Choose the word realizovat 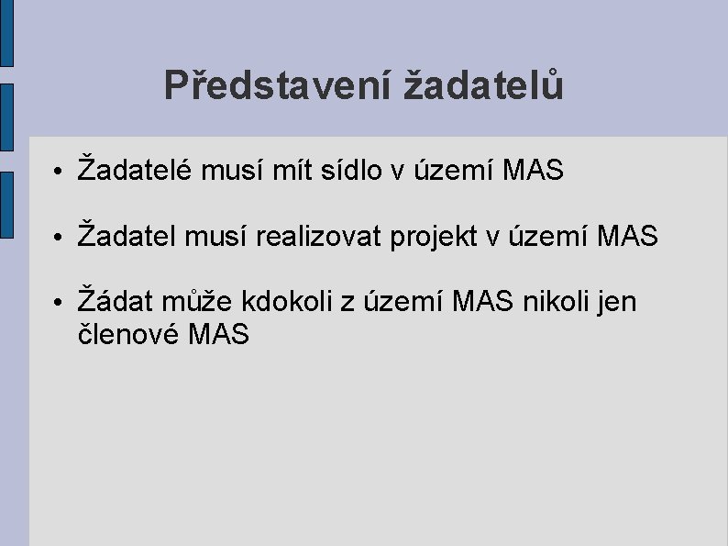(315, 236)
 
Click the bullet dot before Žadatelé (58, 172)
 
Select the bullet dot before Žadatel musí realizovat (58, 238)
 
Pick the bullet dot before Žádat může (58, 304)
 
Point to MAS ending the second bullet (627, 236)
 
